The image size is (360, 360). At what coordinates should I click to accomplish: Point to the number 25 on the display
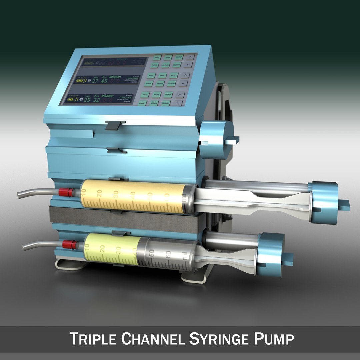click(x=86, y=100)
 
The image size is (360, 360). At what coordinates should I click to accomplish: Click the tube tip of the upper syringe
click(x=20, y=195)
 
